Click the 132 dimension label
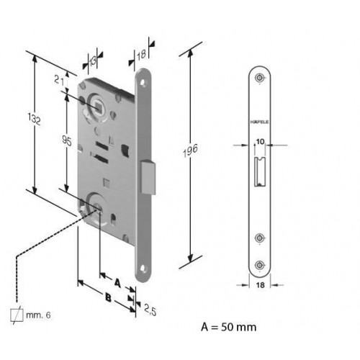[x=35, y=119]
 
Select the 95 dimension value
[x=67, y=140]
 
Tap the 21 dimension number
[x=59, y=81]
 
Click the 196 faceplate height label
[x=190, y=150]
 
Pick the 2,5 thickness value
[x=150, y=310]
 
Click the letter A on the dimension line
[x=117, y=283]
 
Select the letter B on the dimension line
[x=109, y=298]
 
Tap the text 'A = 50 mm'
[x=229, y=327]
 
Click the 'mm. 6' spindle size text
[x=38, y=315]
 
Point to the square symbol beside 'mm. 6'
[x=17, y=315]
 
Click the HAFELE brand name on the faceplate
[x=259, y=122]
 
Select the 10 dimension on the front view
[x=260, y=142]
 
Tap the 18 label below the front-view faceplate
[x=260, y=285]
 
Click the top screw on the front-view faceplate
[x=259, y=78]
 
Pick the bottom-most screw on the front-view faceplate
[x=259, y=265]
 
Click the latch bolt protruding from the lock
[x=148, y=177]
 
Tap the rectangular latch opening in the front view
[x=260, y=171]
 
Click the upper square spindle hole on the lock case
[x=98, y=107]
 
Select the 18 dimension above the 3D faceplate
[x=141, y=55]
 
